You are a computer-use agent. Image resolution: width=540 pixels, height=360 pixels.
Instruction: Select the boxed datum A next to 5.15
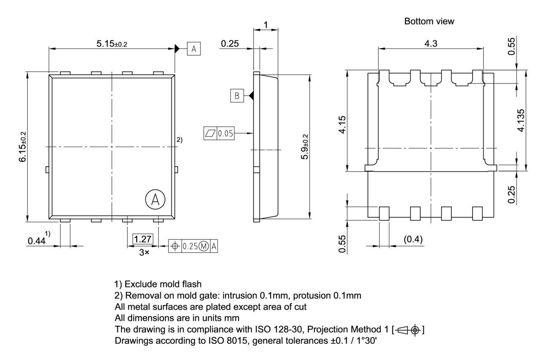(194, 49)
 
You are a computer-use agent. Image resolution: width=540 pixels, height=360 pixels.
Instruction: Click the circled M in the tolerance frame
(204, 246)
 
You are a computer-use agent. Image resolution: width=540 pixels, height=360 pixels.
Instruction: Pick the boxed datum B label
(237, 96)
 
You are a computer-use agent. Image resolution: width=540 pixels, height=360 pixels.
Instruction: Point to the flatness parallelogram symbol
(210, 134)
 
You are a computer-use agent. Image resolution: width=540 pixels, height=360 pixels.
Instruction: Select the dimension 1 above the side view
(265, 25)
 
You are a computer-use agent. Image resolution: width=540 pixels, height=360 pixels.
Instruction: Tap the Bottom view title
(429, 21)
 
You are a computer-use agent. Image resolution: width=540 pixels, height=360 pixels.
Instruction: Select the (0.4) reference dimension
(413, 239)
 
